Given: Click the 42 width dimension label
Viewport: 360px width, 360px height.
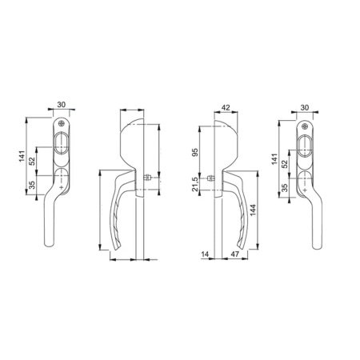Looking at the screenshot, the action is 226,107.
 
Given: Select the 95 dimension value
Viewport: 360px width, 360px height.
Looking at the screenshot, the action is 195,153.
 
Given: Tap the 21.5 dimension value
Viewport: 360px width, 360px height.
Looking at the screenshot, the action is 195,184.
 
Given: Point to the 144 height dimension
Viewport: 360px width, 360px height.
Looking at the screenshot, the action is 253,210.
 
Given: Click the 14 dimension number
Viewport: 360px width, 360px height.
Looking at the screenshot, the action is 205,254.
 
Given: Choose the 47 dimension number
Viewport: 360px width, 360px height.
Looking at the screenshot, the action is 234,254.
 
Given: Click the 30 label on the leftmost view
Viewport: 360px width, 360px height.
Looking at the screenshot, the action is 61,105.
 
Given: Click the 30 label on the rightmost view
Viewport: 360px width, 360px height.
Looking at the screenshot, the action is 304,107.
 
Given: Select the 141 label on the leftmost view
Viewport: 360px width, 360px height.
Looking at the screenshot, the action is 22,156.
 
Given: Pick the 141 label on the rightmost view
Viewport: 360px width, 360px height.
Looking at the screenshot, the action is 274,159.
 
